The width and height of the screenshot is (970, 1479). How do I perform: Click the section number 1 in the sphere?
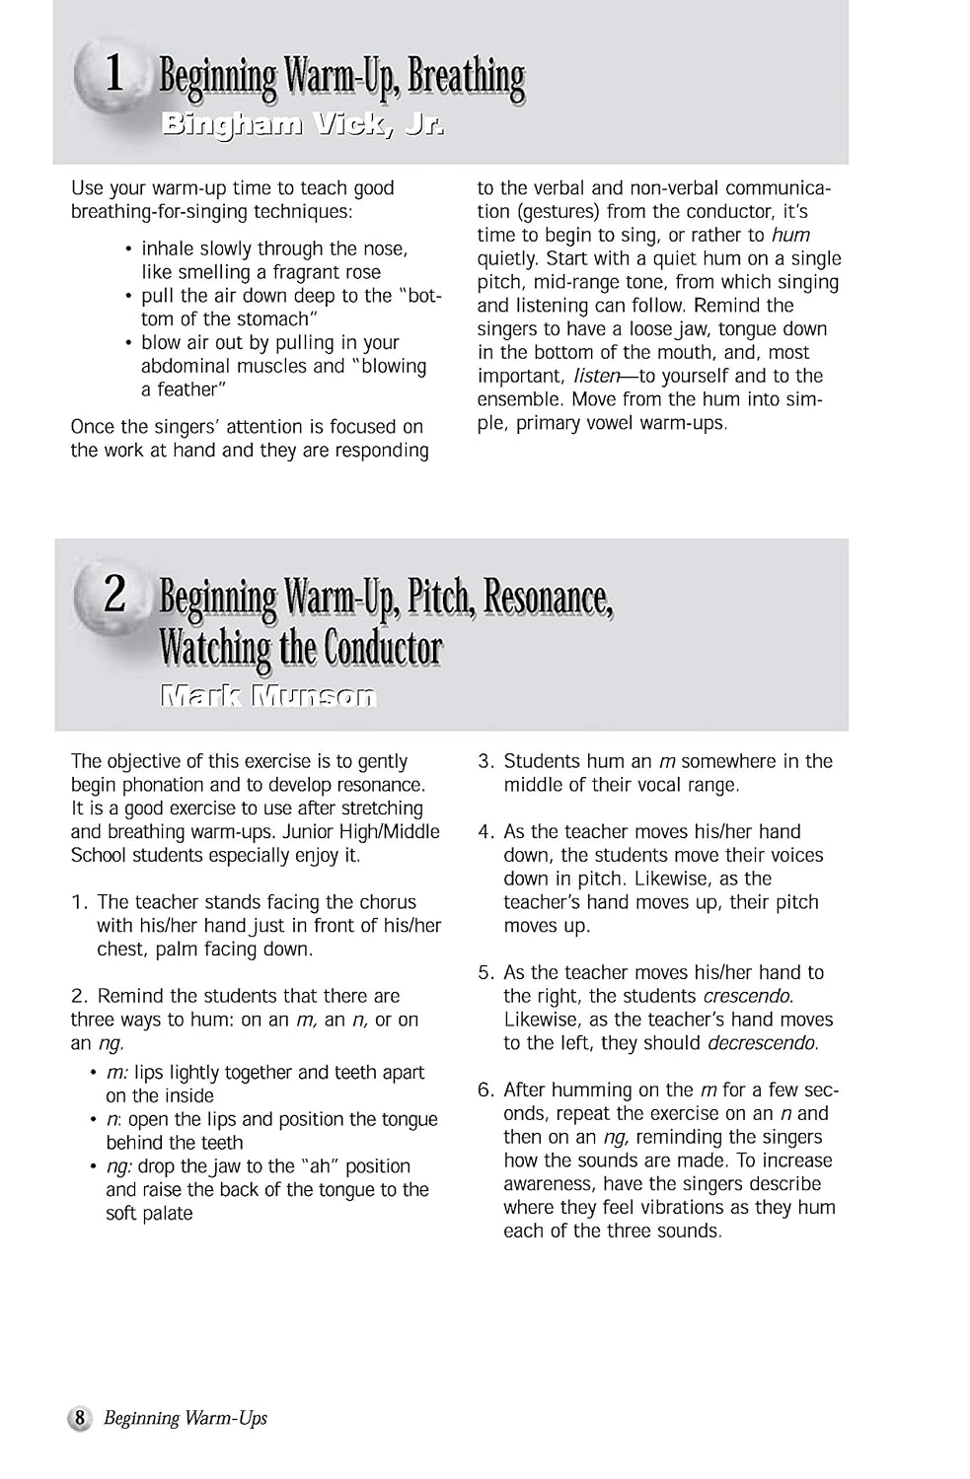coord(114,73)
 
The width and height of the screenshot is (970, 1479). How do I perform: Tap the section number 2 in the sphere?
coord(114,594)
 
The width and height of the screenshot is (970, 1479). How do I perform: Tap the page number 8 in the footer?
coord(80,1418)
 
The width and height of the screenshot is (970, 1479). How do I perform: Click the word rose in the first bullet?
coord(361,272)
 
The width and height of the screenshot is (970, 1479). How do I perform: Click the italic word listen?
coord(595,376)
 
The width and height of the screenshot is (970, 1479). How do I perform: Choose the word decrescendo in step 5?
coord(761,1043)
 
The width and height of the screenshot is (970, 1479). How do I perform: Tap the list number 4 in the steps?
coord(485,832)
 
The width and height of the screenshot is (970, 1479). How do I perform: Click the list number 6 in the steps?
coord(485,1091)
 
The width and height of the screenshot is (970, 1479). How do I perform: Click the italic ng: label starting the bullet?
coord(118,1166)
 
